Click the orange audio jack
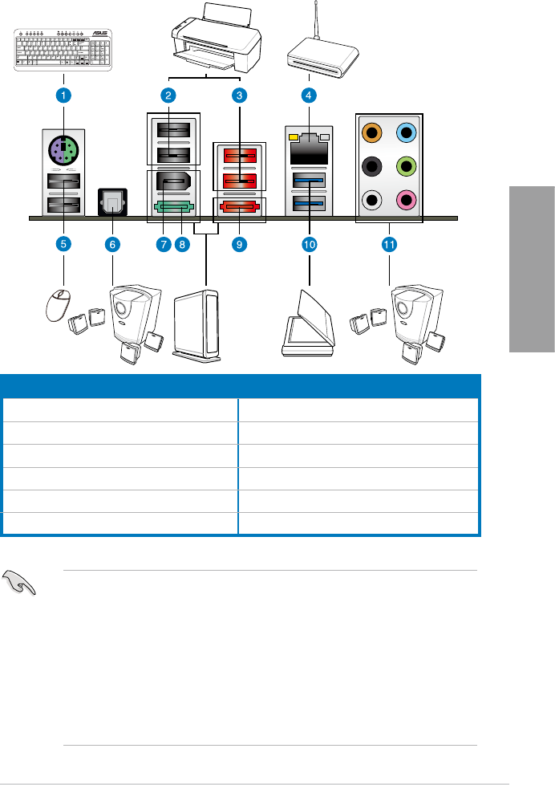pyautogui.click(x=371, y=132)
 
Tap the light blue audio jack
pyautogui.click(x=407, y=132)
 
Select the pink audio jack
pyautogui.click(x=407, y=200)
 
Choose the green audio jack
pyautogui.click(x=407, y=166)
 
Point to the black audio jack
pyautogui.click(x=371, y=166)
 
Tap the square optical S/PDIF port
pyautogui.click(x=111, y=202)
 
